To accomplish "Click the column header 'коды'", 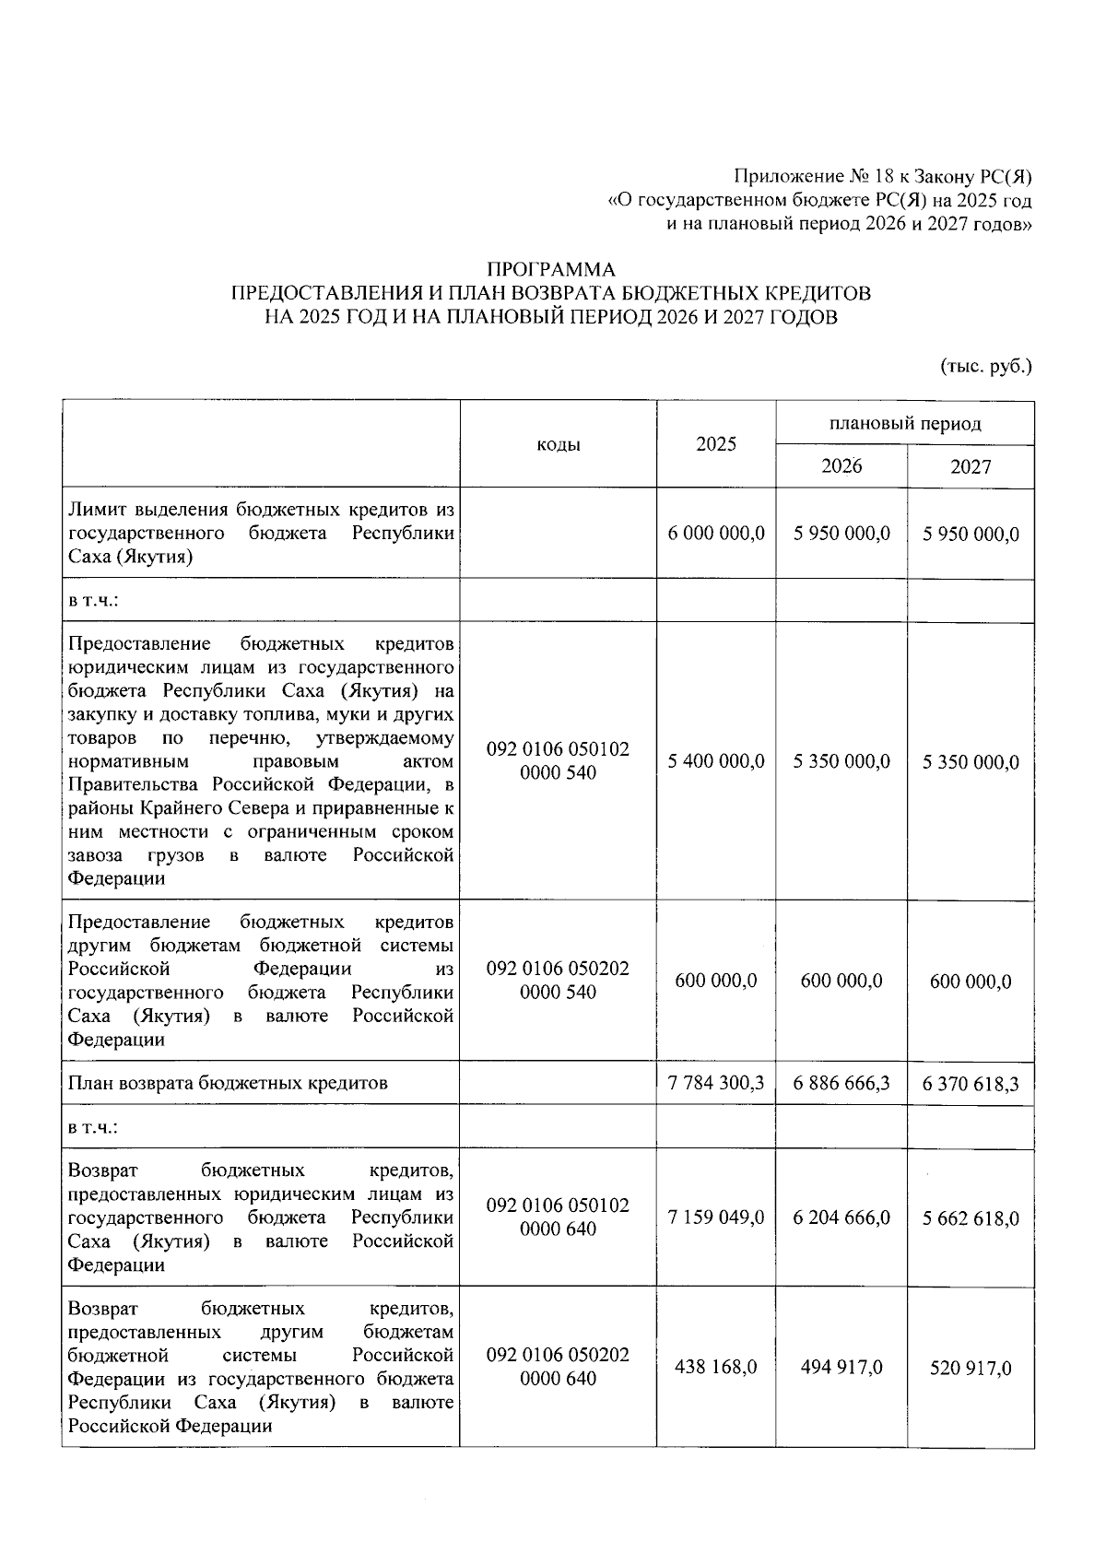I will [558, 445].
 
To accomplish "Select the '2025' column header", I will [715, 444].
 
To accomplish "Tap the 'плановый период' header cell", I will [904, 424].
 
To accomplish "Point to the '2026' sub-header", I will [841, 466].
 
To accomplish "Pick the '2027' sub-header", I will [970, 466].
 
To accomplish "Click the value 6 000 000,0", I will [715, 534].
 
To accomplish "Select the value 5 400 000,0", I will [715, 761].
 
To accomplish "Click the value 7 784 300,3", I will [715, 1083].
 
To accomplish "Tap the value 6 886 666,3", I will [841, 1083].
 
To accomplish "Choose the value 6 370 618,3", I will [970, 1083].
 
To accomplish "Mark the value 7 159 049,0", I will [715, 1218].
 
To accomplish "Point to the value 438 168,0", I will [715, 1367].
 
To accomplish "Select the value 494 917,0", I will [841, 1367].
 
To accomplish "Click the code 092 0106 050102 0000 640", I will [558, 1217].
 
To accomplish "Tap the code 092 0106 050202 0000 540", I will [558, 981].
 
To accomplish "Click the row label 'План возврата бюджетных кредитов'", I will [228, 1083].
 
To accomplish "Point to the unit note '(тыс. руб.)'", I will [985, 366].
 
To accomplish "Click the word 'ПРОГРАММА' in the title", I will [550, 270].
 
